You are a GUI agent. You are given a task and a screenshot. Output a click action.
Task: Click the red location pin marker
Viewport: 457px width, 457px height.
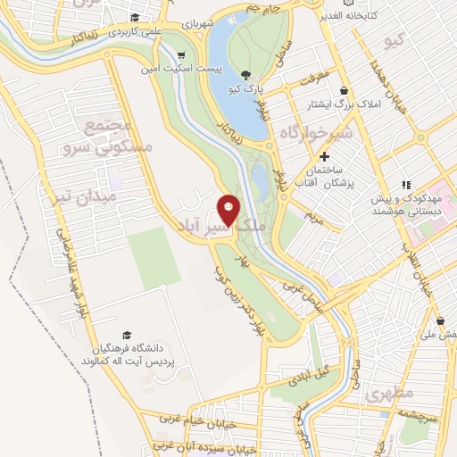229,211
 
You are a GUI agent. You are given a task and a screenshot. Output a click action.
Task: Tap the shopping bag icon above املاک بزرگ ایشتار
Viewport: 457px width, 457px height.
344,89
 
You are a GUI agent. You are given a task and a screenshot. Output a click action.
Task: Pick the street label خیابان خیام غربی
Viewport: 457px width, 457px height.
193,420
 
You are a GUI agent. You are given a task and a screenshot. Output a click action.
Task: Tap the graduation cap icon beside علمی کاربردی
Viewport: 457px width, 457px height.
135,17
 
